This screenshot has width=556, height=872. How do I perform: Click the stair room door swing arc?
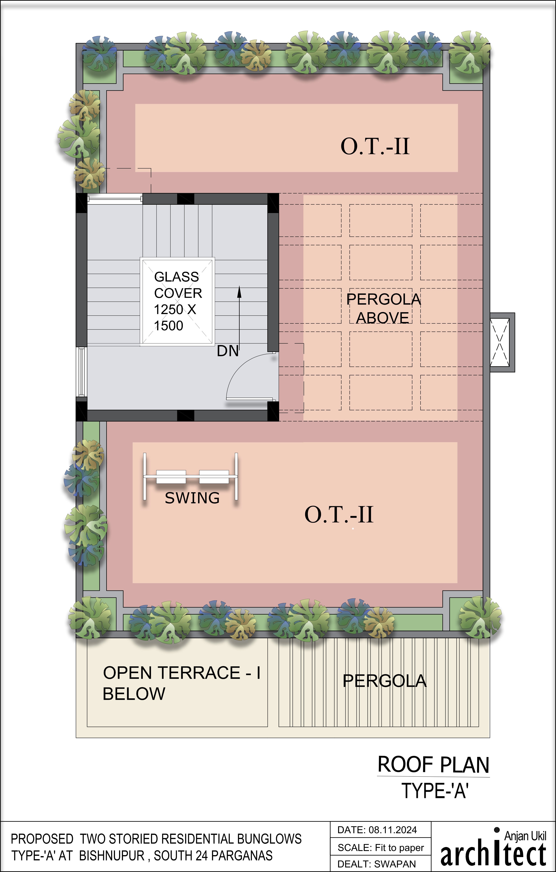point(246,373)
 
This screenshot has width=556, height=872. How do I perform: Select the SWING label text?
point(192,498)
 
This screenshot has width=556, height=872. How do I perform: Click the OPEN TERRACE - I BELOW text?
point(181,683)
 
